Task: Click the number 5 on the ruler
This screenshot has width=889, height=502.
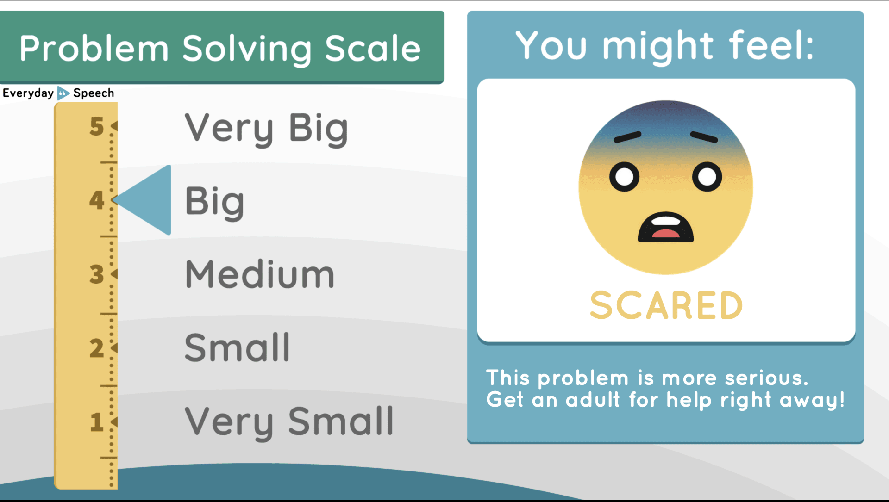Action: [97, 126]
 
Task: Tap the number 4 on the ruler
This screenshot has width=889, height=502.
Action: [97, 200]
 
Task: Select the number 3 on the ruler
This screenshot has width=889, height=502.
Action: [97, 274]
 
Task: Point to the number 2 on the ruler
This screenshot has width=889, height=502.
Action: [97, 348]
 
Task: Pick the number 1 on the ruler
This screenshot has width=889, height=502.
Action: [97, 422]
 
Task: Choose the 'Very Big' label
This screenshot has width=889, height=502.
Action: [266, 128]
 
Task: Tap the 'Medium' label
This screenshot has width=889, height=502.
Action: [259, 274]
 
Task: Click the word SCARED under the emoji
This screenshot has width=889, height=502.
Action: [666, 306]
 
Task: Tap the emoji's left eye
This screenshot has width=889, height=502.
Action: [625, 177]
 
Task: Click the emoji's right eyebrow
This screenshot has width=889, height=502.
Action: [704, 136]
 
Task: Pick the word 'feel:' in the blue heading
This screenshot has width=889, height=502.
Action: [771, 45]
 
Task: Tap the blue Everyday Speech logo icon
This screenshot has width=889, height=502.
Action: [63, 93]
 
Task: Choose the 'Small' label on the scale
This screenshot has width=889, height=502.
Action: [237, 348]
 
